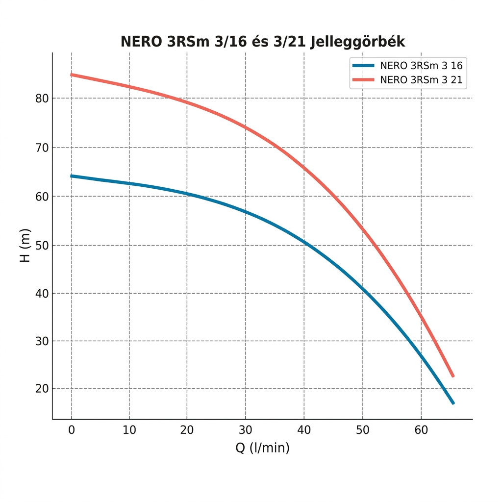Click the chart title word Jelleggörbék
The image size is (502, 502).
coord(358,42)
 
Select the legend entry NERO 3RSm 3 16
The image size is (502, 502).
coord(421,65)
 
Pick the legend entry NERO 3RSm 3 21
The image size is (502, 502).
coord(421,80)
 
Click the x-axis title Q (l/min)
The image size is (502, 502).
coord(262,448)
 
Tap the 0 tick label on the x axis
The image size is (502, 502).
coord(72,430)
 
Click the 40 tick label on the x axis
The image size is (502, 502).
coord(304,430)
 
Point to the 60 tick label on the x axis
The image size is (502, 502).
coord(421,430)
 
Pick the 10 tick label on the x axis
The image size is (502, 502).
coord(129,430)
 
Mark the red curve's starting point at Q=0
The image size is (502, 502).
coord(72,75)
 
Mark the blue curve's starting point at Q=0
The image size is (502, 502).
coord(72,176)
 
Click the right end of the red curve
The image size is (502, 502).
coord(453,376)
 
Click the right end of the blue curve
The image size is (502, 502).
coord(453,403)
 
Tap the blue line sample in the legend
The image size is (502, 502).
coord(363,65)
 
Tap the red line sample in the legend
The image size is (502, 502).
coord(363,80)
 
